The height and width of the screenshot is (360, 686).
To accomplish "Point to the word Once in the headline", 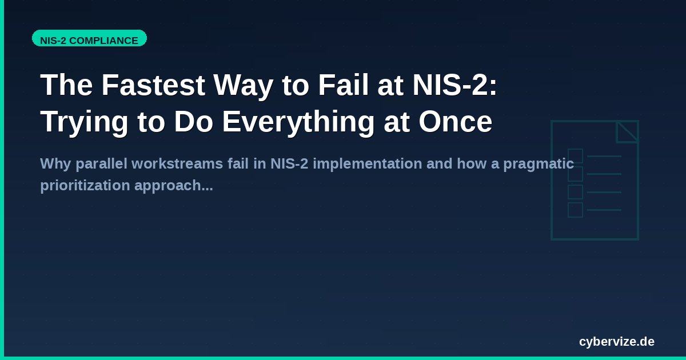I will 455,122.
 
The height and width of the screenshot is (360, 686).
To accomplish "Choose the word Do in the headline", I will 193,122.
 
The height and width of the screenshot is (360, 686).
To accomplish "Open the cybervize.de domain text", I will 616,342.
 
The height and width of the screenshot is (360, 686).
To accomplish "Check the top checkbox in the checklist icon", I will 575,156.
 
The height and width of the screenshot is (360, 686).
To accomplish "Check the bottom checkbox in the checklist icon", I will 575,210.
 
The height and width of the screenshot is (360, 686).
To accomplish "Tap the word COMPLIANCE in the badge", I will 103,41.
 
